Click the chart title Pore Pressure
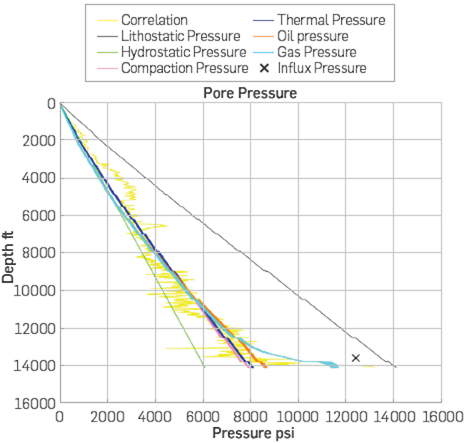pos(251,93)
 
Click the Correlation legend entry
pos(154,20)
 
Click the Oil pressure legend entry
pos(313,36)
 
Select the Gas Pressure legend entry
pos(316,53)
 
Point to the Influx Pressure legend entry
pos(321,69)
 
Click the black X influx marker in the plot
pos(355,357)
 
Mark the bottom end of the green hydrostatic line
pos(203,366)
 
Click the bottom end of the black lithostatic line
pos(395,367)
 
